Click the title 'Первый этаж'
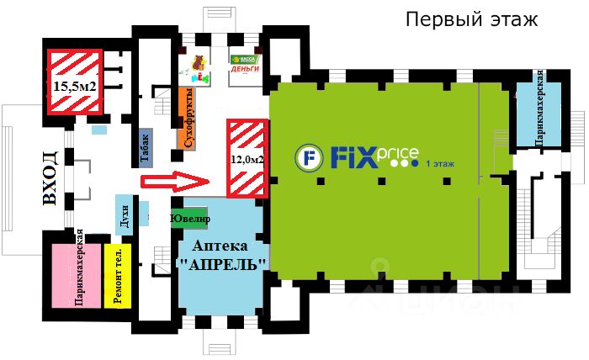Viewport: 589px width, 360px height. (x=470, y=19)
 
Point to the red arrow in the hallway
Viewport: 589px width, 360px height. (x=175, y=179)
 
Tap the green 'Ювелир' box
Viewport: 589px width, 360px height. (x=189, y=218)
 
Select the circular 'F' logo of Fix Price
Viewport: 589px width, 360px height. (x=308, y=156)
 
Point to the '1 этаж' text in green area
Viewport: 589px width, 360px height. (x=441, y=163)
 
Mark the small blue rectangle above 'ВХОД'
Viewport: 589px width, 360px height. (x=99, y=130)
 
